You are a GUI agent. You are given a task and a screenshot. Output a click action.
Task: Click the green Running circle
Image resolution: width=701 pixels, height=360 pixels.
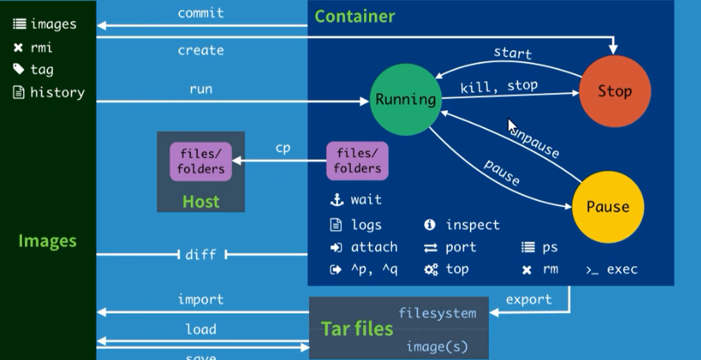point(406,99)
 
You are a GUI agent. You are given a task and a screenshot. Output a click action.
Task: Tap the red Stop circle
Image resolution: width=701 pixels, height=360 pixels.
point(615,91)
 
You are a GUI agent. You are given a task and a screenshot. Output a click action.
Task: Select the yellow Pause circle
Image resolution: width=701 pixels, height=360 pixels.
point(607,207)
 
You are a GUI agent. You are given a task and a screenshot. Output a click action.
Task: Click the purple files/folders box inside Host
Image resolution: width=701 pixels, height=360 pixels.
point(200,161)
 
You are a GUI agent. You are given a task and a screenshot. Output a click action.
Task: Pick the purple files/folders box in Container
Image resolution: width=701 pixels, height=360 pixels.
point(357,161)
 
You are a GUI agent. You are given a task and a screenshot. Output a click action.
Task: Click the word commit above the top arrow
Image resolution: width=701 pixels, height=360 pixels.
point(200,13)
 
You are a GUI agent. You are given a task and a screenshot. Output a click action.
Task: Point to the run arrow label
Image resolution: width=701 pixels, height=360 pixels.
point(201,89)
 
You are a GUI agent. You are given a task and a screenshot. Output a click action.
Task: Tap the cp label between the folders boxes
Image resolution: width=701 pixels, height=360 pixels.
point(283,148)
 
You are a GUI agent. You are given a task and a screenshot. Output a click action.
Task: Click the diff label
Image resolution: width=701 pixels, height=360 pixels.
point(201,254)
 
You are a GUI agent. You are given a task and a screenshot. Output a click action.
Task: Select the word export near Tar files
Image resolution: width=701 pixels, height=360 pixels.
point(529,300)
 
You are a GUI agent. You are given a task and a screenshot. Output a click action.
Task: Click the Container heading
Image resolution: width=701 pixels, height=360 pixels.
point(355,17)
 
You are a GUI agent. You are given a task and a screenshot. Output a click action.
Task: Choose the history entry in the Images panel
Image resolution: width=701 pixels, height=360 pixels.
point(57,92)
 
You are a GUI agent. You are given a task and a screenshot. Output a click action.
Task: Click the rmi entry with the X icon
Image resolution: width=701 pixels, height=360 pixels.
point(41,48)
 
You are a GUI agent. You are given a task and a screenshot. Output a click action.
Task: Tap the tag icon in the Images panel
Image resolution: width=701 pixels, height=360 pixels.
point(19,69)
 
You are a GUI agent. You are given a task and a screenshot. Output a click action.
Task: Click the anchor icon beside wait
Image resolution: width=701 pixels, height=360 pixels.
point(337,200)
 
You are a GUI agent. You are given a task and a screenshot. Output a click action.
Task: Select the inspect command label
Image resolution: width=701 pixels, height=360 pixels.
point(472,225)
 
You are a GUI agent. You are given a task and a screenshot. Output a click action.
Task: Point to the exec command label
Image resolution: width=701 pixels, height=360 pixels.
point(622,269)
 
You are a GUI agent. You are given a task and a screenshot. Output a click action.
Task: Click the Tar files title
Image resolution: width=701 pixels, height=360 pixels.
point(357,328)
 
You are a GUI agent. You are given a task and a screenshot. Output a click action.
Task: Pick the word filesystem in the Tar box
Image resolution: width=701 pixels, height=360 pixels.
point(437,314)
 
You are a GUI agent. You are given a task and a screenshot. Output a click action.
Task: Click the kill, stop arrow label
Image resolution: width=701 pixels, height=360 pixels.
point(499,86)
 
